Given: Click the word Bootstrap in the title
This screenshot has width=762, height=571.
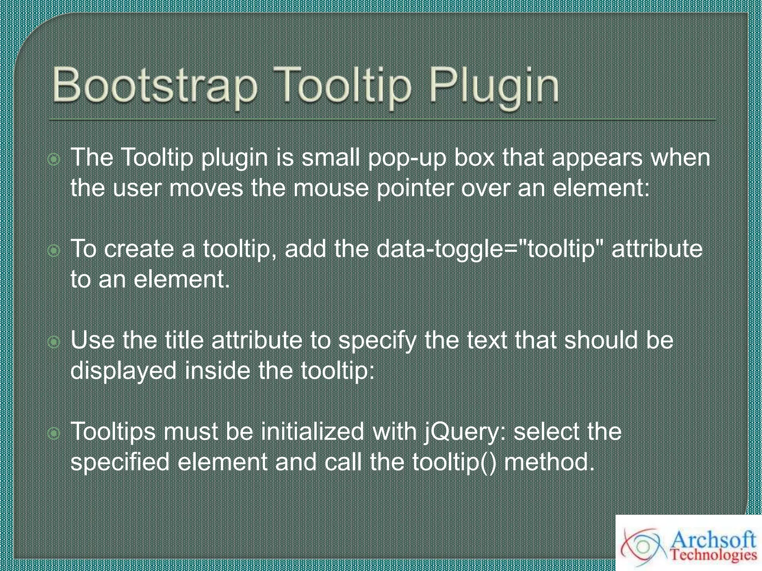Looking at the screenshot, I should tap(154, 86).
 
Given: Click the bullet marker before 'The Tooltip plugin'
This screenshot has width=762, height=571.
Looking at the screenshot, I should tap(54, 159).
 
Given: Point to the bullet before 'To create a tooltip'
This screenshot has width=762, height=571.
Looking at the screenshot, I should tap(54, 251).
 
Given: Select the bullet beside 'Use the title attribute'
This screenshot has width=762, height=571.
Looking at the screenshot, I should tap(54, 342).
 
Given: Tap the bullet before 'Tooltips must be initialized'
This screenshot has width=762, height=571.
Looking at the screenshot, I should tap(54, 433).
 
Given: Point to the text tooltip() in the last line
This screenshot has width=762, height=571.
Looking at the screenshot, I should tap(454, 462).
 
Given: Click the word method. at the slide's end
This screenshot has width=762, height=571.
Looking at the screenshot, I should tap(549, 462).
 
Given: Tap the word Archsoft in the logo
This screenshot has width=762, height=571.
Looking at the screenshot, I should tap(714, 540).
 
